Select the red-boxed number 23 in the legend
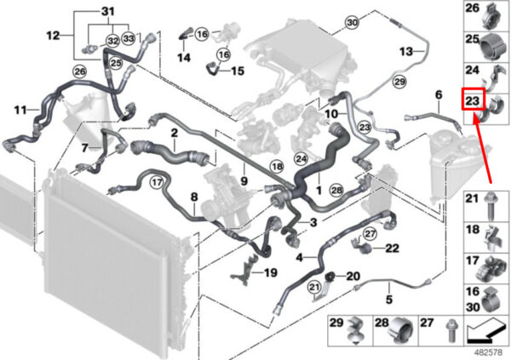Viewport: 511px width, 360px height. click(473, 100)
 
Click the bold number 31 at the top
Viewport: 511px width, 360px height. click(108, 12)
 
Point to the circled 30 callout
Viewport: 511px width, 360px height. click(353, 22)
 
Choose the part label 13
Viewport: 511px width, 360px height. click(406, 51)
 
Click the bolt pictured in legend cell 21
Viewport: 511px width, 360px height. click(490, 207)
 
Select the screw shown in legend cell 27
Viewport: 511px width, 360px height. click(451, 330)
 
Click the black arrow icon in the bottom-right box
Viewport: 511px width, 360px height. click(485, 330)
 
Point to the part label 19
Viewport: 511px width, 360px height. click(270, 272)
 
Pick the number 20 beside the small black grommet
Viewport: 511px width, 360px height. click(353, 277)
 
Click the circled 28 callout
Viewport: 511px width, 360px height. click(336, 190)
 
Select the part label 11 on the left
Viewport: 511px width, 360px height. click(20, 110)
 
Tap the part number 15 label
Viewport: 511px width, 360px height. click(238, 71)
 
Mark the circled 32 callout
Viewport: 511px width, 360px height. click(113, 41)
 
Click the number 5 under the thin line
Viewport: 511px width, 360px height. click(389, 299)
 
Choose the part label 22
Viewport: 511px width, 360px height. click(392, 249)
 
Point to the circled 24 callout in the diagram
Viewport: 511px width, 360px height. click(301, 159)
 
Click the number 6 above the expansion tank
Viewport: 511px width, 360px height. click(439, 95)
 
